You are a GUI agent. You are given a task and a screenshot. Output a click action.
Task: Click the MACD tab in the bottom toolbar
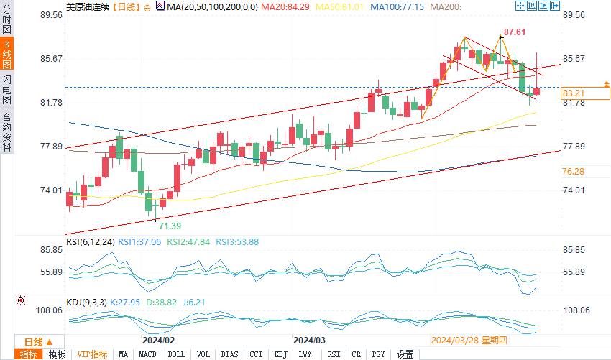147,354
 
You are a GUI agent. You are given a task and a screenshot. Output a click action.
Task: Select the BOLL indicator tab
175,354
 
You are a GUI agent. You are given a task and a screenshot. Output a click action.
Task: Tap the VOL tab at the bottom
203,354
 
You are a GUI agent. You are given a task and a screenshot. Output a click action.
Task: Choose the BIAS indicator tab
230,354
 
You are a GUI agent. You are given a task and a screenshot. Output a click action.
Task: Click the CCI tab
256,354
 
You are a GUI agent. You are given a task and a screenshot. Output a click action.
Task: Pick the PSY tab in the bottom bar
378,354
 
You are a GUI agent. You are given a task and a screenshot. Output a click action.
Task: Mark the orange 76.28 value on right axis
573,172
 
